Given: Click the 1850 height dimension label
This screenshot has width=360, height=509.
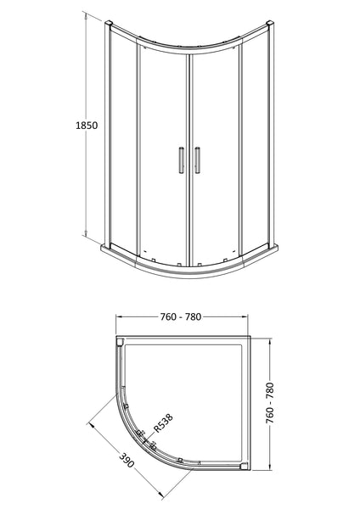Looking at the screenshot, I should pyautogui.click(x=87, y=125).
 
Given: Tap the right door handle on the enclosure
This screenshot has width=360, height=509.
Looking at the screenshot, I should pyautogui.click(x=198, y=160).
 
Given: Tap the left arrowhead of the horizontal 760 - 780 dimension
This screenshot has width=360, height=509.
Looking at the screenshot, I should pyautogui.click(x=120, y=327).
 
